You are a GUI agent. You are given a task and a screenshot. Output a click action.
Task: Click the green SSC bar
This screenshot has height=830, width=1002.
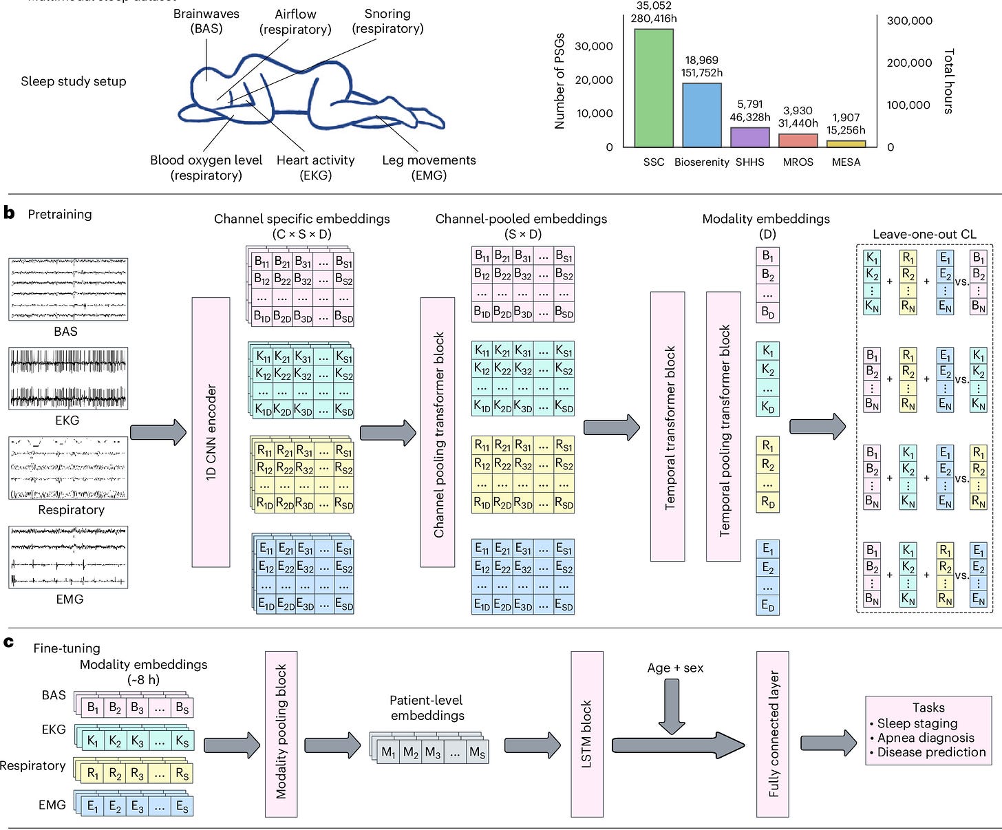coord(653,88)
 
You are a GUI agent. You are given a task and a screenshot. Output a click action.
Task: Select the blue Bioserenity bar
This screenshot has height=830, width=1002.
coord(701,115)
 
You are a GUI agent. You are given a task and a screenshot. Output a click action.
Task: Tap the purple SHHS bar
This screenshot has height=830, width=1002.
coord(749,137)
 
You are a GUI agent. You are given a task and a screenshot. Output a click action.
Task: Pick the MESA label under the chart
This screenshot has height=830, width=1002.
coord(846,162)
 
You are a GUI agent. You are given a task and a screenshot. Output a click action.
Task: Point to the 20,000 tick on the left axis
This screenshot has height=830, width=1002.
coord(593,80)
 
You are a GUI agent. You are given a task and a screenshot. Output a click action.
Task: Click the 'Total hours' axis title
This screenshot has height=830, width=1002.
coord(949,81)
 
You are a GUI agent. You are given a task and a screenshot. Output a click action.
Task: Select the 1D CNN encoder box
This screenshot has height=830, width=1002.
coord(211,432)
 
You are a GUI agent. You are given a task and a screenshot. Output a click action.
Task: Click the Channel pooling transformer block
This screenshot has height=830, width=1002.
coord(438,432)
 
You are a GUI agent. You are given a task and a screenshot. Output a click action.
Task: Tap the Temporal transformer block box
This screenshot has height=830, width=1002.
coord(668,427)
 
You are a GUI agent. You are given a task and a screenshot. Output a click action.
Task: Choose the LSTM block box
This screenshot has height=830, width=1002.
coord(587,734)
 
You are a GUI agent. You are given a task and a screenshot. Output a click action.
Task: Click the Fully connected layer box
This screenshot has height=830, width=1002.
coord(773,734)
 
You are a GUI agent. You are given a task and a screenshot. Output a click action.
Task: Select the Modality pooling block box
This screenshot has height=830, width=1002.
coord(281,734)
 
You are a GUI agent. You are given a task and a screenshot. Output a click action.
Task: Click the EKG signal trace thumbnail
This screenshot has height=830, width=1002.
coord(68,379)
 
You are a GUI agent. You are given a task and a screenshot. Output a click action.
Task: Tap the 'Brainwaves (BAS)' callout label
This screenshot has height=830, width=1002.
coord(206,21)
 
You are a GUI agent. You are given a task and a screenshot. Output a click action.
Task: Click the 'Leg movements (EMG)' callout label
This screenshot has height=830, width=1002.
coord(429,167)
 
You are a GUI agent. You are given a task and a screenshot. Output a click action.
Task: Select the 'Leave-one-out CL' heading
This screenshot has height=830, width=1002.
coord(924,234)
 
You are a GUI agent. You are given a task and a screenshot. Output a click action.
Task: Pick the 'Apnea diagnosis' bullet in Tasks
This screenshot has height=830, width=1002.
coord(926,738)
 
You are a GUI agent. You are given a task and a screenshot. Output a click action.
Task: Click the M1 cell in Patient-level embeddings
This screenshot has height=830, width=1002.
coord(389,752)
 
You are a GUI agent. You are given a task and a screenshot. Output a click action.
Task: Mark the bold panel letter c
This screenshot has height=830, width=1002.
coord(9,642)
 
